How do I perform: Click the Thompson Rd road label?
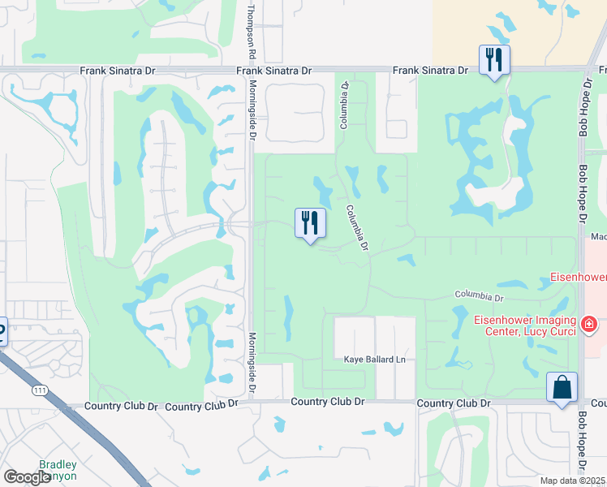point(252,31)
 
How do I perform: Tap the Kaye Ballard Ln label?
point(374,359)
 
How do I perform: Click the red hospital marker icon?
point(589,325)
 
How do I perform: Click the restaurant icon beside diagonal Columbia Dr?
point(309,223)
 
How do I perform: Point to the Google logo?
point(27,477)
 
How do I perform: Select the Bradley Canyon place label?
point(58,471)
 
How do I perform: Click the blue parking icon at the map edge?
point(2,331)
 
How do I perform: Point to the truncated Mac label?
point(599,237)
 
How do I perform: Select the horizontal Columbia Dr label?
point(479,295)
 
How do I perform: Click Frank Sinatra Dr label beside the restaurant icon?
point(430,71)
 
